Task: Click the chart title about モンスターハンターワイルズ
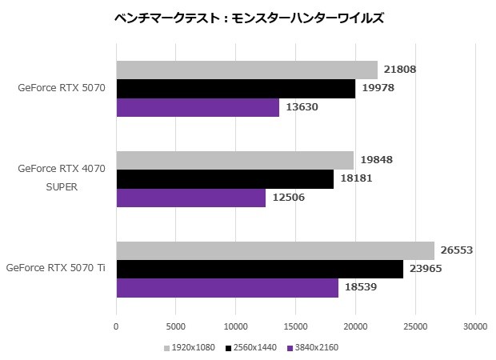point(249,18)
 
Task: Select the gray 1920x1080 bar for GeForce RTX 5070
point(246,70)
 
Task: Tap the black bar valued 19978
point(235,89)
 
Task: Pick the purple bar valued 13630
point(198,108)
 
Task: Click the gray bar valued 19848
point(234,160)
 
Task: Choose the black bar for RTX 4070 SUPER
point(225,179)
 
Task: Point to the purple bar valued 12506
point(190,198)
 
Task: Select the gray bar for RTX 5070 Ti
point(275,250)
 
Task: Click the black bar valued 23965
point(259,269)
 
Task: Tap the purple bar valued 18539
point(227,288)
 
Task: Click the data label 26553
point(457,250)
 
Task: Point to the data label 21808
point(400,70)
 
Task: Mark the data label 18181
point(356,179)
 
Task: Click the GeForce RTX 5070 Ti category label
point(56,269)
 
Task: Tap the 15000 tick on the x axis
point(295,326)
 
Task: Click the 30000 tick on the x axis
point(475,326)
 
